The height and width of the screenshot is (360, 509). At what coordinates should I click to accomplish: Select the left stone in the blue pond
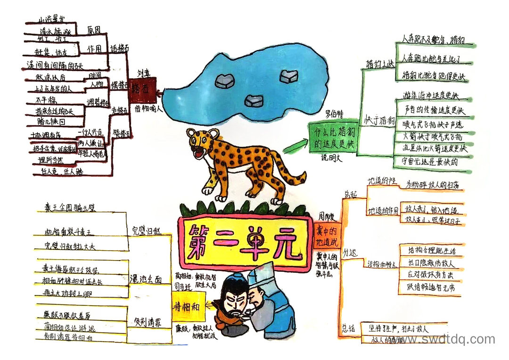point(225,81)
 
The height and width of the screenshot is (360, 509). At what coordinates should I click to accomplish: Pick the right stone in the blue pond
point(288,76)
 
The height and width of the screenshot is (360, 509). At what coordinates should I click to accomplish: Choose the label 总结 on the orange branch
point(347,327)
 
